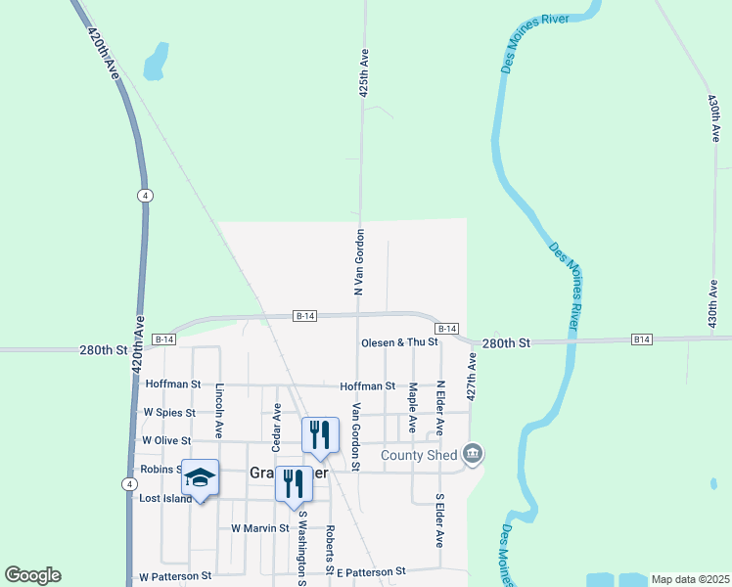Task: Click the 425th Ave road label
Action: pyautogui.click(x=363, y=73)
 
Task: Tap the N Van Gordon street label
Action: pyautogui.click(x=359, y=262)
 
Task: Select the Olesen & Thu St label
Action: pyautogui.click(x=398, y=343)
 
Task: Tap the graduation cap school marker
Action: pyautogui.click(x=200, y=477)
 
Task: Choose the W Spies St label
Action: pyautogui.click(x=169, y=413)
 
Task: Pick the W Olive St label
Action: pyautogui.click(x=166, y=441)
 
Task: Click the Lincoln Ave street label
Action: pyautogui.click(x=219, y=410)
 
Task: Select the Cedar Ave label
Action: pyautogui.click(x=277, y=420)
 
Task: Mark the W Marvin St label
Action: pyautogui.click(x=260, y=528)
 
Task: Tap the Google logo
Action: pyautogui.click(x=32, y=575)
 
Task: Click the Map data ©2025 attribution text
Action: pyautogui.click(x=690, y=579)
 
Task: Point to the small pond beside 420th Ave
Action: pyautogui.click(x=156, y=61)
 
